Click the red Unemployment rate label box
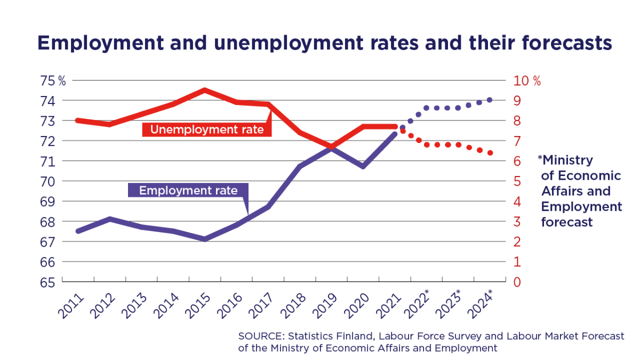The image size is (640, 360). point(207,129)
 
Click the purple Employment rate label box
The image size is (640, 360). point(188,190)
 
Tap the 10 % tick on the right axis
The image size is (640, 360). point(526,81)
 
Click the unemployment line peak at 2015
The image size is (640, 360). point(205,90)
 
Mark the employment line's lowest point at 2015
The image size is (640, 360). point(205,239)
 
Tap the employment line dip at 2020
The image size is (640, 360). point(363,166)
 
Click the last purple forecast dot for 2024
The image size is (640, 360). point(490,100)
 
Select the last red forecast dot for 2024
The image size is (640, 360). point(490,153)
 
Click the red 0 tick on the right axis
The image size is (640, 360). point(517,282)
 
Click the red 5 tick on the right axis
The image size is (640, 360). point(517,181)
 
